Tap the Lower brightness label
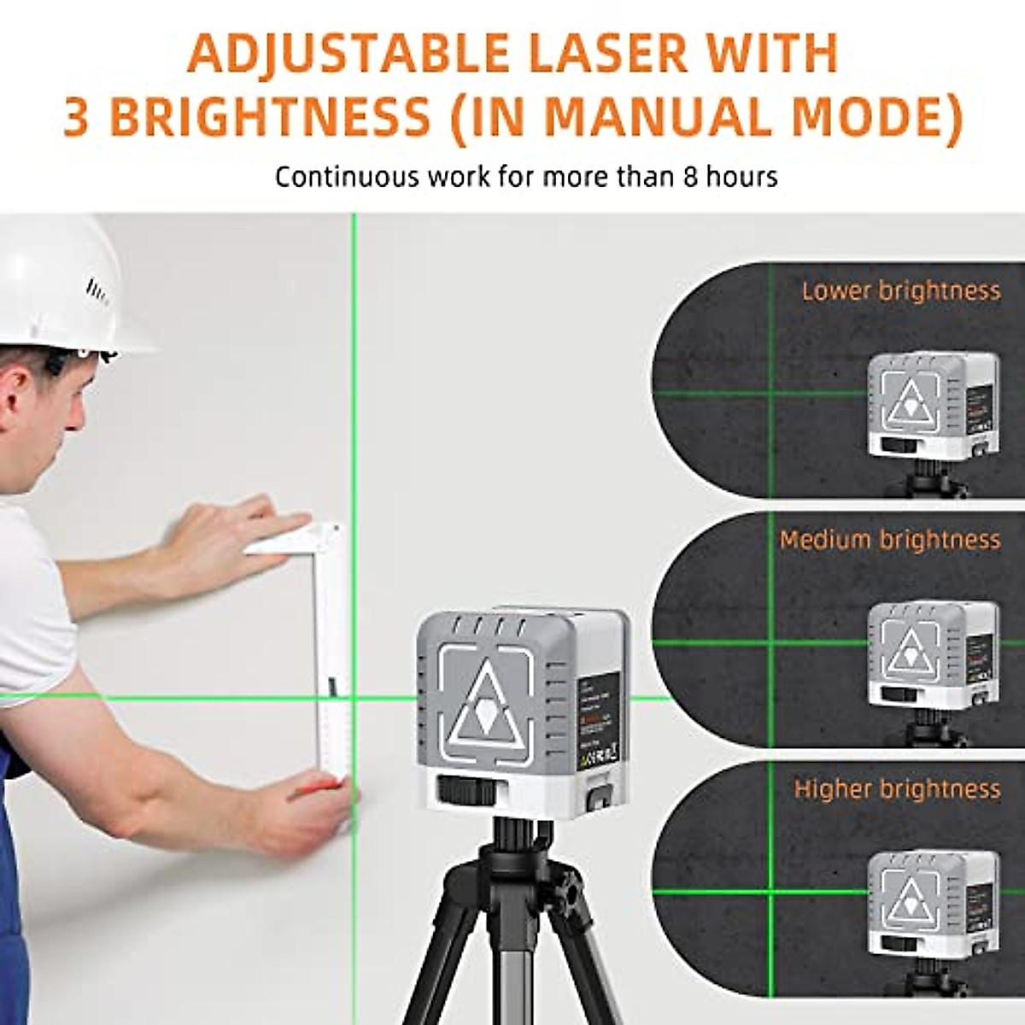point(900,291)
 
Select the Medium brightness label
point(889,540)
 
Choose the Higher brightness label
point(897,788)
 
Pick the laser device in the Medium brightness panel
point(931,653)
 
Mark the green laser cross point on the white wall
point(353,697)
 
